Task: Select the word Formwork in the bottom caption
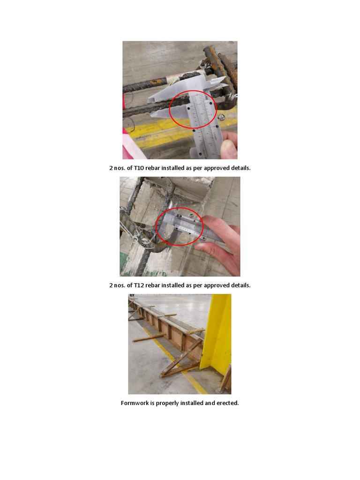click(x=135, y=403)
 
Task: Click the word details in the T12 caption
click(x=240, y=285)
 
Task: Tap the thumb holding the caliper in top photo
click(x=229, y=147)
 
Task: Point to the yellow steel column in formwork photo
click(x=216, y=333)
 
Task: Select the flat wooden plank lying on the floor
click(x=148, y=337)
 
